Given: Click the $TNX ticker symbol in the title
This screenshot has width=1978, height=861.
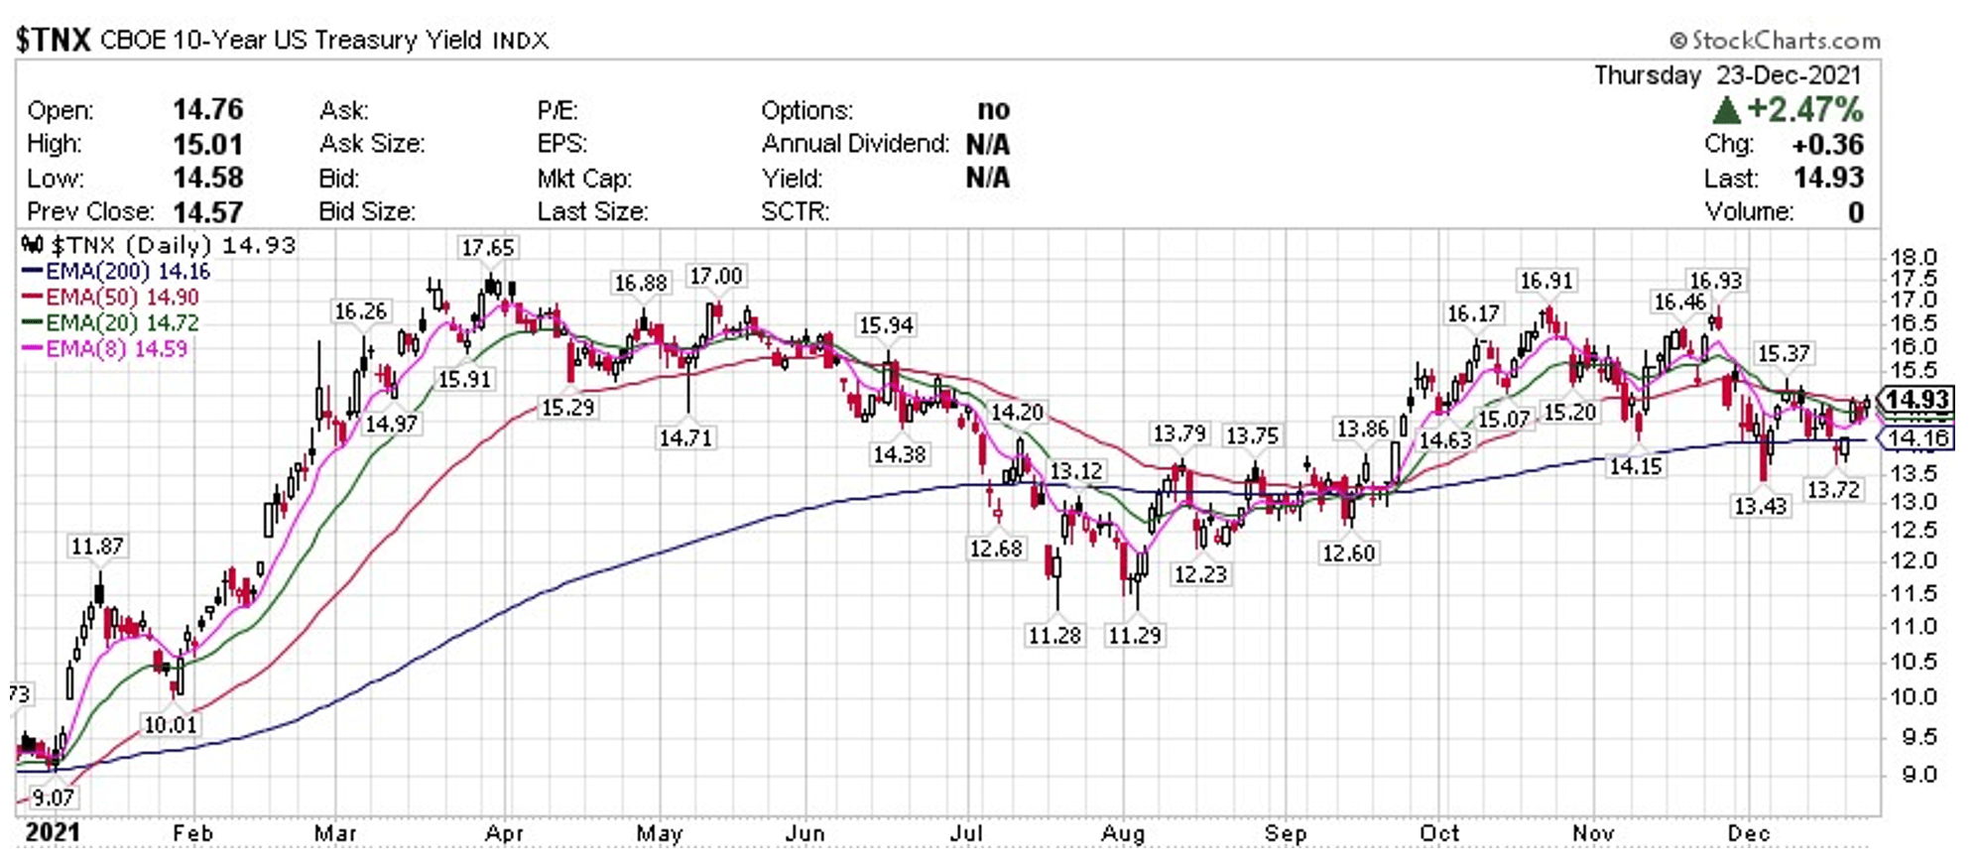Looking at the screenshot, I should click(54, 40).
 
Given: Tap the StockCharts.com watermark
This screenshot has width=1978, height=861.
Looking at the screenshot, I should click(1775, 41).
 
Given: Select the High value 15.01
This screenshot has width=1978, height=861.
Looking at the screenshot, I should click(207, 144).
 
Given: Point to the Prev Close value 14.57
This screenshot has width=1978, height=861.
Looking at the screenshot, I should click(207, 212).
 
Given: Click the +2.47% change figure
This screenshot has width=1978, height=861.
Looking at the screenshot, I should click(1803, 109).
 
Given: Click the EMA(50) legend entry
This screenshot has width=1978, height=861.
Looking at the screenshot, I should click(111, 298).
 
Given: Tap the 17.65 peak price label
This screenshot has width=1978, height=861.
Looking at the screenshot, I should click(487, 248).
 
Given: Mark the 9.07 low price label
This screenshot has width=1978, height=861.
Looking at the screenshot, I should click(53, 798).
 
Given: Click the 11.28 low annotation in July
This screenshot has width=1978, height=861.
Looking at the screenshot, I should click(1054, 635).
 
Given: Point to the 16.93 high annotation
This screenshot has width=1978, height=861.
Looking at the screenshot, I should click(1715, 281).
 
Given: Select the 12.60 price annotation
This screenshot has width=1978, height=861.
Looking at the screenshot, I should click(1348, 553).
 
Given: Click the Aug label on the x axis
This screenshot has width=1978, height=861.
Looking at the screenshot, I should click(1123, 834).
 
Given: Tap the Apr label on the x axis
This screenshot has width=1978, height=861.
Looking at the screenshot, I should click(504, 834).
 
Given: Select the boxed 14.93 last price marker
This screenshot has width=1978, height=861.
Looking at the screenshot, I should click(1917, 400).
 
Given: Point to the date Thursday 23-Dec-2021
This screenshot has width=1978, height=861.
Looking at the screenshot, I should click(1727, 75).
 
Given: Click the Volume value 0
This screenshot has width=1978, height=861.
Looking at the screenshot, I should click(1855, 212).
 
